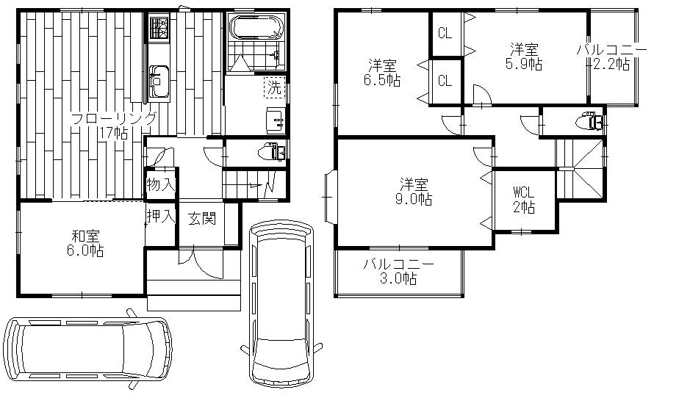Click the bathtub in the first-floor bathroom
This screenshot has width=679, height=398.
256,28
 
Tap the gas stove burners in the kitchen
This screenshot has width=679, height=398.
159,28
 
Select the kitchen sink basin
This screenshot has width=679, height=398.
159,80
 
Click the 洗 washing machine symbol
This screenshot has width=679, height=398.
274,87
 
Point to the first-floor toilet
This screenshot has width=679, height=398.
271,153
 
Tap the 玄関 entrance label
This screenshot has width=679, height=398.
202,219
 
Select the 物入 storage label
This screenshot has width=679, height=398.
161,185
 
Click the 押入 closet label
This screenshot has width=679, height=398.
161,217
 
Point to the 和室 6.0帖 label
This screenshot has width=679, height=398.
85,244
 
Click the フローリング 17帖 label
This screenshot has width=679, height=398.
113,126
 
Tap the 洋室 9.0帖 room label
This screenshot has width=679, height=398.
414,192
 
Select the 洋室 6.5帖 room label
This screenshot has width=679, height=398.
382,73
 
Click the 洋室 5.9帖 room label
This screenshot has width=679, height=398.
524,57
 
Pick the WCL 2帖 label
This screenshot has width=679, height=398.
524,200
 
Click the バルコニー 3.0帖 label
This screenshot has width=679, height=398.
398,271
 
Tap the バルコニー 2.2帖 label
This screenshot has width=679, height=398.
611,57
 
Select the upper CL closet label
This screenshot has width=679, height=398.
445,33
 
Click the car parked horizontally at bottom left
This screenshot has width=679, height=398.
87,348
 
